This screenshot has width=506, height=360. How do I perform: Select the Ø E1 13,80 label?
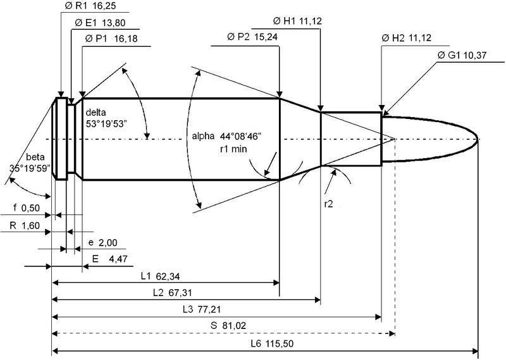click(x=100, y=23)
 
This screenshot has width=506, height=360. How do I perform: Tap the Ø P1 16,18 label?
click(x=111, y=39)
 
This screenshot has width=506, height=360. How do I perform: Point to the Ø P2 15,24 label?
click(x=252, y=37)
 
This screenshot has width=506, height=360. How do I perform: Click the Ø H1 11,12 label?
click(x=297, y=22)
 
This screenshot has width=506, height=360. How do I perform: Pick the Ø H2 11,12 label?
click(x=406, y=38)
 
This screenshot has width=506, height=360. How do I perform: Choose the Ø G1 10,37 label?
click(x=462, y=55)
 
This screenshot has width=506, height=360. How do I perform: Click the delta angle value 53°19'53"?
click(x=105, y=124)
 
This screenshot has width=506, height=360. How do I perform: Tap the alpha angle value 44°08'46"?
click(x=240, y=136)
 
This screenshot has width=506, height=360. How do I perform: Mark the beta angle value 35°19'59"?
click(x=30, y=168)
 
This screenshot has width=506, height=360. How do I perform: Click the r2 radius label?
click(x=328, y=204)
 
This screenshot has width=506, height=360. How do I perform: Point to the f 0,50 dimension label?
click(x=27, y=208)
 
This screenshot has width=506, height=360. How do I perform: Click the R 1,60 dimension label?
click(x=25, y=225)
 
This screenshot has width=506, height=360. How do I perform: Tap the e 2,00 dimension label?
click(x=103, y=242)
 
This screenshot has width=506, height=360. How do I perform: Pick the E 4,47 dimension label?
click(x=109, y=259)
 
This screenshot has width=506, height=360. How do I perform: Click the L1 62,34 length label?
click(x=160, y=276)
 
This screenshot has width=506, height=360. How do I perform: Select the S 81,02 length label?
click(x=228, y=325)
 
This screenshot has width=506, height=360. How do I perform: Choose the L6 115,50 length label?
click(x=272, y=344)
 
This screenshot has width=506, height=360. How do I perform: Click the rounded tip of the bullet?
click(x=478, y=139)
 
